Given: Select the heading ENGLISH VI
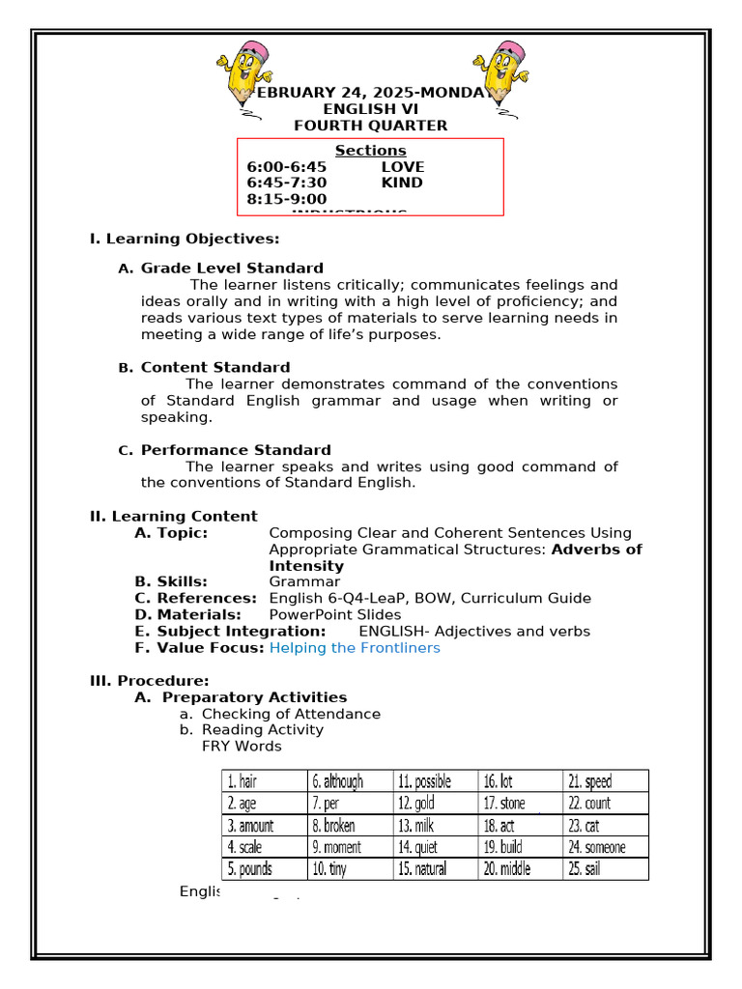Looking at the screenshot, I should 370,109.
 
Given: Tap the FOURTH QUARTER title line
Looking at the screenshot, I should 370,126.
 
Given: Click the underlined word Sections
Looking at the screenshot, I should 370,151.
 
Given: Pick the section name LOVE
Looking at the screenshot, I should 402,167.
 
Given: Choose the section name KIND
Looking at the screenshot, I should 401,183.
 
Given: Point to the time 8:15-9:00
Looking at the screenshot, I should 286,199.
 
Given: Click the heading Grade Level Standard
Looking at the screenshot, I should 232,268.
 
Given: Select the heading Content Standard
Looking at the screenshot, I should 215,367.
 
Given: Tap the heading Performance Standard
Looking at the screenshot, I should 236,450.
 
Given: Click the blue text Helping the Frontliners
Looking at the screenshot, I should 355,648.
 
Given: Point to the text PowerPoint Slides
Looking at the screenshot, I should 334,614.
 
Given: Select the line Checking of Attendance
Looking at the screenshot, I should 291,714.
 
